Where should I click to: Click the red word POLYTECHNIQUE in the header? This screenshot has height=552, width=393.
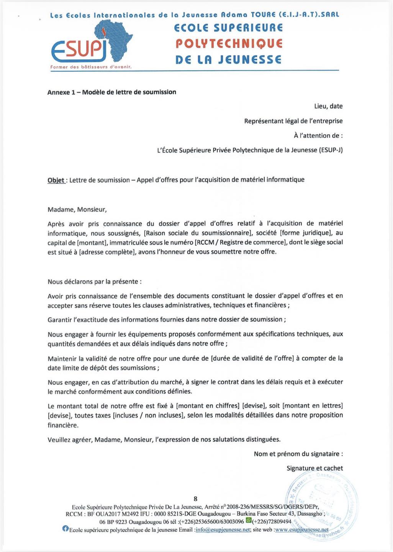(229, 44)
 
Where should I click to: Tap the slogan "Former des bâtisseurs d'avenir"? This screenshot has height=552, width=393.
(91, 67)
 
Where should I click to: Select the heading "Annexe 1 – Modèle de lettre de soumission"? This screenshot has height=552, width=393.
(111, 92)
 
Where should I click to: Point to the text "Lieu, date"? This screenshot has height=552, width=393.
(328, 106)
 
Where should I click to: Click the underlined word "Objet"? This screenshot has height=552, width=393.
(56, 180)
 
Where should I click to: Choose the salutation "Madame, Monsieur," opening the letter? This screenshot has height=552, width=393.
(77, 209)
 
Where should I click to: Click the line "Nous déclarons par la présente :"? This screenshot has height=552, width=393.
(94, 281)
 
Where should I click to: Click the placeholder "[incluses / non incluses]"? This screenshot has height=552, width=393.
(149, 415)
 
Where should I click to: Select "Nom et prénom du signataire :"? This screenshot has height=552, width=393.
(298, 454)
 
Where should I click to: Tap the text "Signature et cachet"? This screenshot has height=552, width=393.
(314, 468)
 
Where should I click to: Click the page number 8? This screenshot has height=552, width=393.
(195, 498)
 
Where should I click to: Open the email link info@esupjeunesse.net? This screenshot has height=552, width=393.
(223, 530)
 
